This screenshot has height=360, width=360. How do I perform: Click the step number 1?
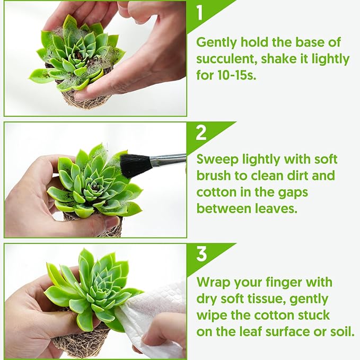pos(200,12)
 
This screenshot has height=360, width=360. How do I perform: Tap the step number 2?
pos(201,133)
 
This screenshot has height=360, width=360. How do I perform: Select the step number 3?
pos(201,254)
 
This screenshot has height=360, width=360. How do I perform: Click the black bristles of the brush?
pos(136,165)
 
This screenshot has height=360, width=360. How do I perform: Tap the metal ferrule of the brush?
pos(169,160)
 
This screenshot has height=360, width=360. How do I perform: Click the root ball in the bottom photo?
pos(80,345)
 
